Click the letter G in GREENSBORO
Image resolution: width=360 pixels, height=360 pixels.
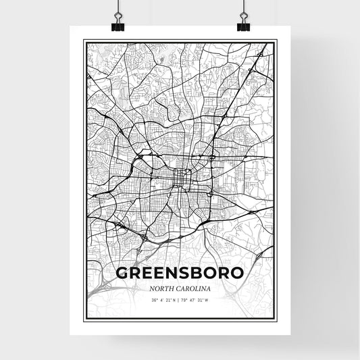pos(124,274)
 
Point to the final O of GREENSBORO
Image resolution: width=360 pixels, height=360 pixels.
pos(237,274)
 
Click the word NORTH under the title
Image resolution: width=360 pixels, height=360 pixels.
pos(163,288)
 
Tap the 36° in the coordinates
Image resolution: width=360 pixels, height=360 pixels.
pos(155,300)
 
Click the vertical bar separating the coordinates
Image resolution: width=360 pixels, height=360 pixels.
pos(180,300)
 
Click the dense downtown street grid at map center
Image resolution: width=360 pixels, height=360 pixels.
pos(180,177)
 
